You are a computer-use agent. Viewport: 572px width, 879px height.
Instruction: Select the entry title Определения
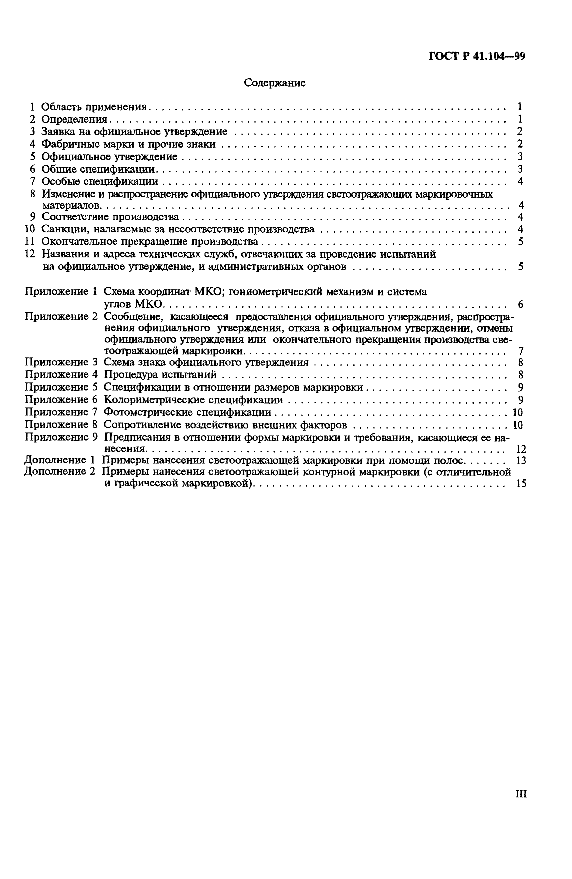pos(74,119)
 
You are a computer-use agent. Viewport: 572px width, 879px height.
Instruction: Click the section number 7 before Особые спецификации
pos(32,181)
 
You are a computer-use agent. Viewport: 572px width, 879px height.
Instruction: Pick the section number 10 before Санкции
pos(29,229)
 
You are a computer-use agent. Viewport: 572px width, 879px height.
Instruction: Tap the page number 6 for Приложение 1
pos(520,304)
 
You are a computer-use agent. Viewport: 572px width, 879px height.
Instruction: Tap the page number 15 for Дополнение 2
pos(521,484)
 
